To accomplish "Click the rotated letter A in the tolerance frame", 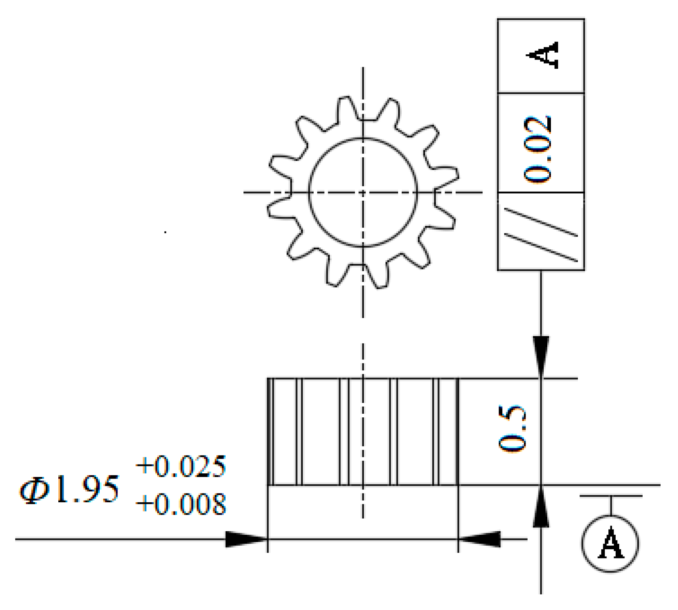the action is pos(543,55).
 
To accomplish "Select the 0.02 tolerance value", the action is pos(537,149).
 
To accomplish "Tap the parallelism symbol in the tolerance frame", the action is pos(541,235).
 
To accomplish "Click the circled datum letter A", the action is pos(610,543).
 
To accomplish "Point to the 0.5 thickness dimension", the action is pos(512,429).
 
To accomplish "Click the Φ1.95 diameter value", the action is pos(69,489).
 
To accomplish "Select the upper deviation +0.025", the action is pos(181,466).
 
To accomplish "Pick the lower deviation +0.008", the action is pos(181,504).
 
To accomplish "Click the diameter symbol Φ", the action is pos(35,490).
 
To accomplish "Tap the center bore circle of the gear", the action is pos(363,138).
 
